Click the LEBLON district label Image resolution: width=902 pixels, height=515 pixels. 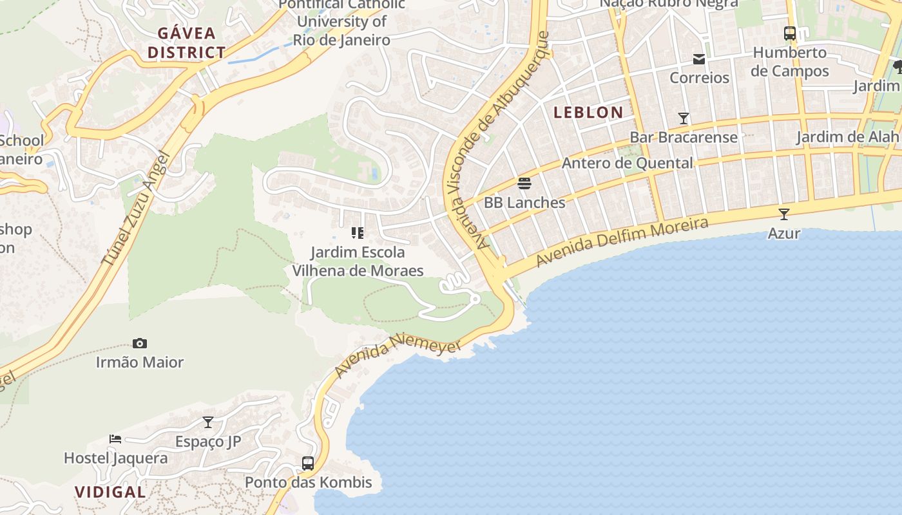tap(588, 112)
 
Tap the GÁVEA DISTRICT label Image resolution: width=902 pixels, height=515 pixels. tap(186, 42)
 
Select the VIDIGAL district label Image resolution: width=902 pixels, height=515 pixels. tap(110, 492)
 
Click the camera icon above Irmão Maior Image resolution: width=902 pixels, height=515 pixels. tap(139, 344)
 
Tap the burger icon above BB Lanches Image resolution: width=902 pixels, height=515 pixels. tap(524, 183)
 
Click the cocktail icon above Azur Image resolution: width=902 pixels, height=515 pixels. tap(783, 214)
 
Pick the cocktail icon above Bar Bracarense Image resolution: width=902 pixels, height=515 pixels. tap(684, 118)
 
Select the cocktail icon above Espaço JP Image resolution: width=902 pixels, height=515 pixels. tap(208, 422)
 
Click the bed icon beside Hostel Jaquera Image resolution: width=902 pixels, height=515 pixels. tap(115, 439)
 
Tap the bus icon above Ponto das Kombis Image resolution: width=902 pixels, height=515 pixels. tap(308, 463)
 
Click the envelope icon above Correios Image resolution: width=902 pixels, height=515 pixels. tap(699, 59)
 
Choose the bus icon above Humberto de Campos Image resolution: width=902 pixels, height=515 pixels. tap(789, 33)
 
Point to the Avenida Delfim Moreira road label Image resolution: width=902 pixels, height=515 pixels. tap(622, 242)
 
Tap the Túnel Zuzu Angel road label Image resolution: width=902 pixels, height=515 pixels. tap(136, 209)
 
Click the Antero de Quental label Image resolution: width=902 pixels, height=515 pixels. tap(627, 163)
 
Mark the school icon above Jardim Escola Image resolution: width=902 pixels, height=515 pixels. tap(358, 233)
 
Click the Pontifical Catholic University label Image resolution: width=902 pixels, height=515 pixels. tap(341, 22)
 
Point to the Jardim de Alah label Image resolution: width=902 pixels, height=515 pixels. tap(847, 136)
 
